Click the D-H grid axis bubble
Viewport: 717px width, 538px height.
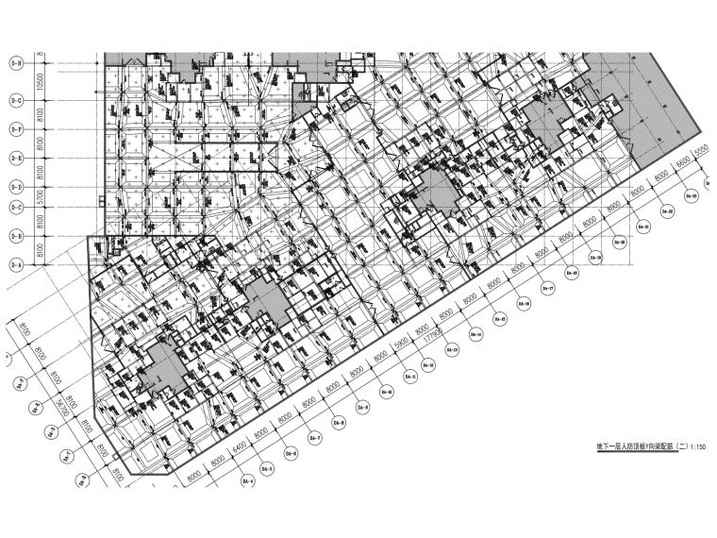point(16,64)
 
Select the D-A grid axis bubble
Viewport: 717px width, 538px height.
point(16,267)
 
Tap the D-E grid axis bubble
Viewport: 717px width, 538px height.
point(16,158)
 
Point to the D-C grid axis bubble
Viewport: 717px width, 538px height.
point(16,207)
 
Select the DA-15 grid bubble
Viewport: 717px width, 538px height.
point(501,320)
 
